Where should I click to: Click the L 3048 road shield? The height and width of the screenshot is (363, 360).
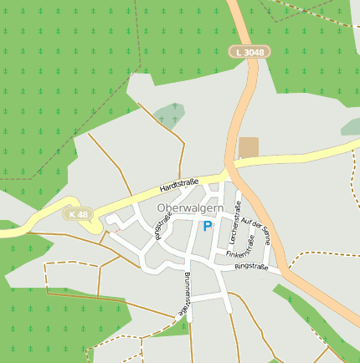click(249, 52)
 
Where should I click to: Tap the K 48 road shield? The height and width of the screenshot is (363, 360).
click(79, 214)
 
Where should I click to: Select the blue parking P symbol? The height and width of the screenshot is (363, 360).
click(208, 226)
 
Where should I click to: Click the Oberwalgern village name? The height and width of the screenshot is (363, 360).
click(190, 208)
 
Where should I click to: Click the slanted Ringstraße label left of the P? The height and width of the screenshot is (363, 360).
click(162, 227)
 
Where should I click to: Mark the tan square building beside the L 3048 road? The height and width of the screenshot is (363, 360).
click(249, 148)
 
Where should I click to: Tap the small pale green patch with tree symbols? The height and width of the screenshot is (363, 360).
click(169, 115)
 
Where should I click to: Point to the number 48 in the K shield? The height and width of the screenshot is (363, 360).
click(83, 214)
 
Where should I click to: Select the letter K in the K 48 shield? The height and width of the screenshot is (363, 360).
click(73, 214)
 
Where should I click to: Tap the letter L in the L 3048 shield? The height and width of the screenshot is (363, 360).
click(239, 52)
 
